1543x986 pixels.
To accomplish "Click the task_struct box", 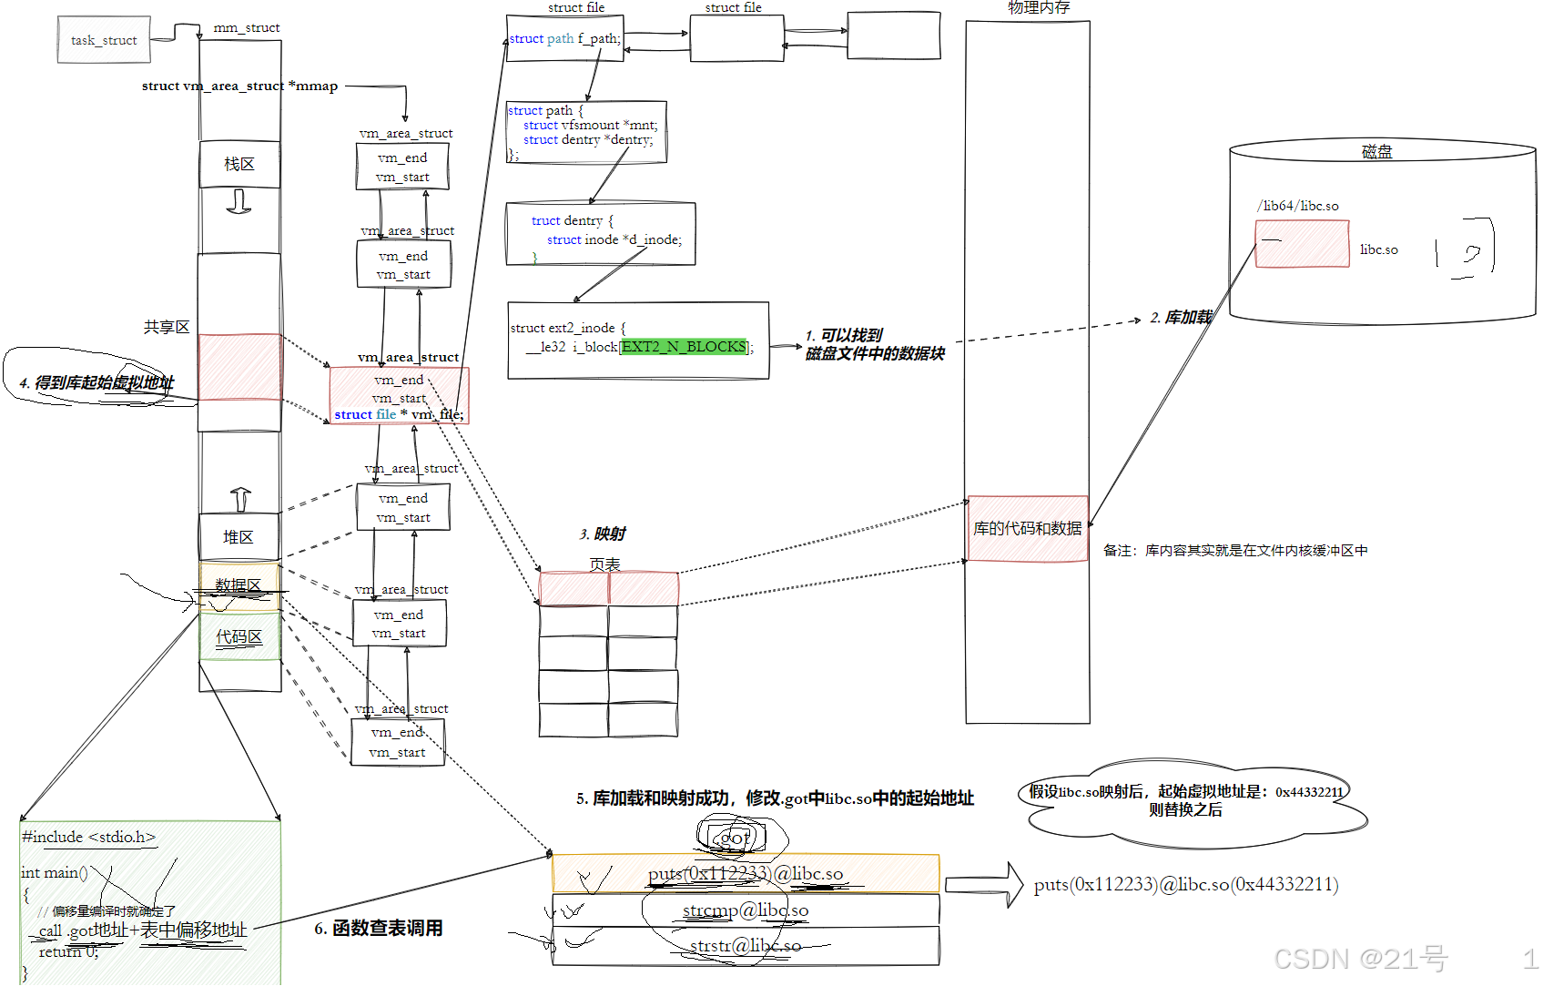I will click(104, 40).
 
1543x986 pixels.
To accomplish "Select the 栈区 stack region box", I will click(239, 164).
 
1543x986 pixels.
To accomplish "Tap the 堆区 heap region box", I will click(239, 537).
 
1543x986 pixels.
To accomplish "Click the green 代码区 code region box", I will click(239, 636).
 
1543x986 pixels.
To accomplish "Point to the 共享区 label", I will click(167, 327).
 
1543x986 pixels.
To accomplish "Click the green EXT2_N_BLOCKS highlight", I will click(684, 347).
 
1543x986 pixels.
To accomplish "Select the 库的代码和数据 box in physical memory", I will click(1028, 528).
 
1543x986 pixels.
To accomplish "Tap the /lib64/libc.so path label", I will click(1298, 206).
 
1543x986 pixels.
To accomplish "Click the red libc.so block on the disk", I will click(1302, 244).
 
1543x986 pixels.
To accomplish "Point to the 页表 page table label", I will click(604, 564).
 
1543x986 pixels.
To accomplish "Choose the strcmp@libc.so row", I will click(746, 910).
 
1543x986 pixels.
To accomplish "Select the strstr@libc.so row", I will click(746, 946).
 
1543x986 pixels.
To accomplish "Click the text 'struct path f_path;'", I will click(564, 38).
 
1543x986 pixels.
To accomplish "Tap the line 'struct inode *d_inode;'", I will click(614, 239).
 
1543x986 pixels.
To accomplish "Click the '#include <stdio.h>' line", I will click(89, 837).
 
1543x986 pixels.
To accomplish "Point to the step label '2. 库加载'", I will click(1181, 317).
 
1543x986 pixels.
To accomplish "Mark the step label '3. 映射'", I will click(603, 534).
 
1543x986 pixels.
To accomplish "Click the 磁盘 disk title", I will click(1376, 152).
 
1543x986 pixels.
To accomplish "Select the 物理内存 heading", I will click(1039, 8).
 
